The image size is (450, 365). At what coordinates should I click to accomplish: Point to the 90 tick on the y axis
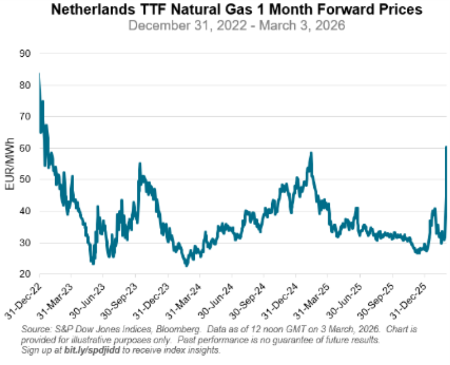coord(25,53)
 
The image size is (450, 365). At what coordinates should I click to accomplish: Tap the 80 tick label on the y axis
coord(25,85)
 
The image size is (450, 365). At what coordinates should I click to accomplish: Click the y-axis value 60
coord(25,148)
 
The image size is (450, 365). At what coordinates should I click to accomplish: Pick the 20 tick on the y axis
coord(25,274)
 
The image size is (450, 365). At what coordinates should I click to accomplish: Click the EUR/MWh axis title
coord(9,164)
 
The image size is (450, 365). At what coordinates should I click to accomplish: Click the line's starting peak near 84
coord(39,73)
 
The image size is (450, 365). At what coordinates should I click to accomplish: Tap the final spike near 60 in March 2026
coord(446,146)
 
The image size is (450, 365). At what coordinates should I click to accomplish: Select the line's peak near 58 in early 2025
coord(311,153)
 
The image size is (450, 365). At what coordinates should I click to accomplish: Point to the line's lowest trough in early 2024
coord(186,265)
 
